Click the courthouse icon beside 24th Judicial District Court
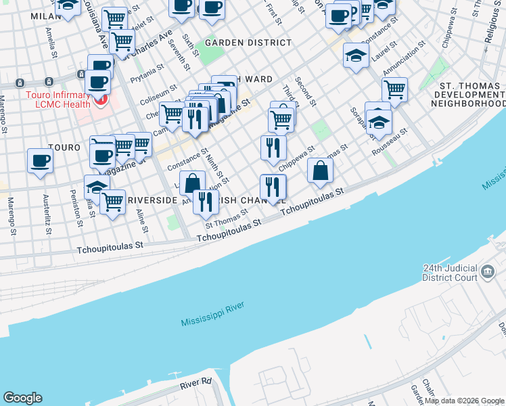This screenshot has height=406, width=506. [x=488, y=273]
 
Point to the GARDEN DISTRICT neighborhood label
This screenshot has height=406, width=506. [x=248, y=43]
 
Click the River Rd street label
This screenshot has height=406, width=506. [x=195, y=384]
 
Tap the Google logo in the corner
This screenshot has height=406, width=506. [x=22, y=398]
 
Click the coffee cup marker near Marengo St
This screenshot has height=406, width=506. [x=40, y=161]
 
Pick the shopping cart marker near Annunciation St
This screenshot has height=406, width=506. [x=394, y=89]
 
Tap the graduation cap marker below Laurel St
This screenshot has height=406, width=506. [x=355, y=55]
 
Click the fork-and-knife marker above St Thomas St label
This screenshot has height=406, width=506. [x=206, y=201]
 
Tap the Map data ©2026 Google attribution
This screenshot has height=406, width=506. [x=463, y=401]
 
